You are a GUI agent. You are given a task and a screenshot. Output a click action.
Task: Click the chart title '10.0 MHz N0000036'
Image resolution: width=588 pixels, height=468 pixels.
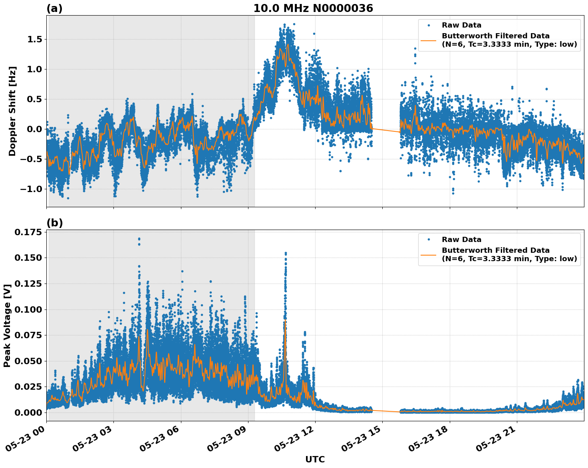[313, 8]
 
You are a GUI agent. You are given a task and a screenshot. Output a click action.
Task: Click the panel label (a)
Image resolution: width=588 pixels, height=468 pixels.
[54, 8]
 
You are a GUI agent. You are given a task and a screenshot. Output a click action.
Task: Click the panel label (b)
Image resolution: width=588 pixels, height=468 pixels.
[54, 223]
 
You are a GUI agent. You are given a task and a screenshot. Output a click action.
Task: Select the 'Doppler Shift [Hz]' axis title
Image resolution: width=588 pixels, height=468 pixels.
[12, 111]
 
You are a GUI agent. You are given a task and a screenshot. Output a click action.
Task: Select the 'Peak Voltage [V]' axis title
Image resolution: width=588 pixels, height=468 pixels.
[7, 325]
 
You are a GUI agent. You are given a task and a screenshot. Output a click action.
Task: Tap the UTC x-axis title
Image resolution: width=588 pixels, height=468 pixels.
[315, 459]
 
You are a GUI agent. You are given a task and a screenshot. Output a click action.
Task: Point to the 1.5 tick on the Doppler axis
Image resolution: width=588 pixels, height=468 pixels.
[34, 39]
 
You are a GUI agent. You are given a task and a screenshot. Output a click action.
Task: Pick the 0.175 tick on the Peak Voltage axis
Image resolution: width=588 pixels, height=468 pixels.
[28, 232]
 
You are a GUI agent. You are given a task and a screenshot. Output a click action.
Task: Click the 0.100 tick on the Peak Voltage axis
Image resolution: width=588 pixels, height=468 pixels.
[28, 309]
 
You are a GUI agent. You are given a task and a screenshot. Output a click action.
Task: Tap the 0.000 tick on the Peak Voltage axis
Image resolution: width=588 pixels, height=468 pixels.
[28, 412]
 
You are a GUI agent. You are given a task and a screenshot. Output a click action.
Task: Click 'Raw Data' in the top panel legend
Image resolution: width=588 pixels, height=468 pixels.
[461, 25]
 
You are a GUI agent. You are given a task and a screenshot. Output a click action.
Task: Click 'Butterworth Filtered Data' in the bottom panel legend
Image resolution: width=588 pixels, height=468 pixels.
[495, 250]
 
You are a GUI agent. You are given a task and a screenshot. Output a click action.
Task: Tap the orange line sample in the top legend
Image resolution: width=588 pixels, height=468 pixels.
[429, 40]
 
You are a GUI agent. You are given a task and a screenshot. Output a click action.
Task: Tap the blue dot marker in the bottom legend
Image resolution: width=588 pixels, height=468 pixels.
[429, 240]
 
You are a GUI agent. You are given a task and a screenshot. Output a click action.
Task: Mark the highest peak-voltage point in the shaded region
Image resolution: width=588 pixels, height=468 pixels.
[139, 239]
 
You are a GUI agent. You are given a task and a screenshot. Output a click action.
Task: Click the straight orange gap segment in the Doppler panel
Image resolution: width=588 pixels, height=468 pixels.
[386, 130]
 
